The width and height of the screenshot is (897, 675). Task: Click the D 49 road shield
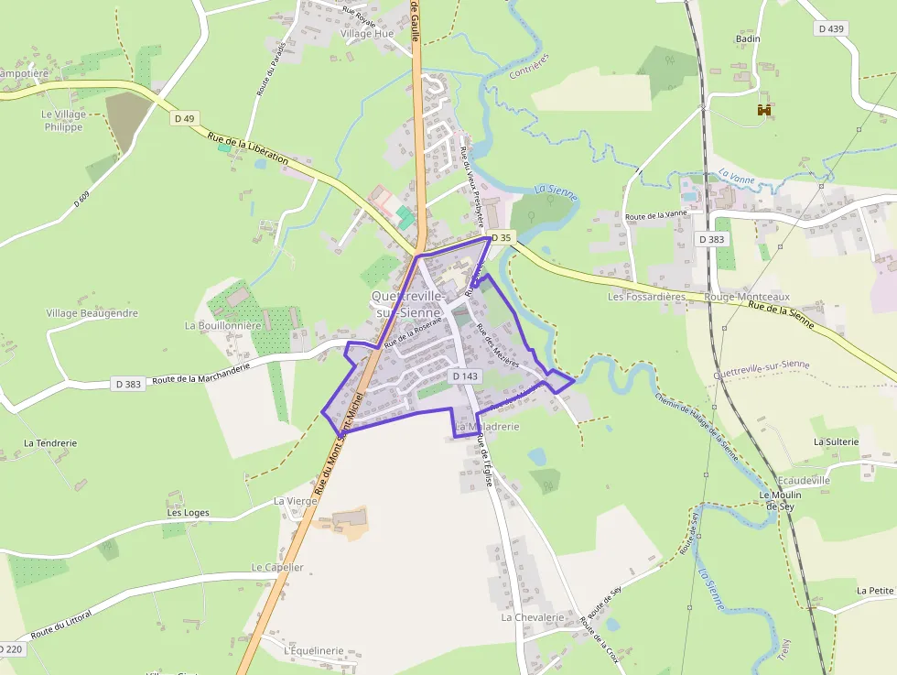(x=184, y=118)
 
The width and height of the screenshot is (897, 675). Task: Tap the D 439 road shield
(x=831, y=28)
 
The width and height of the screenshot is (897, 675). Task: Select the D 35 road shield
(x=502, y=237)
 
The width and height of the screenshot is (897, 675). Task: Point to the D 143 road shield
(x=465, y=376)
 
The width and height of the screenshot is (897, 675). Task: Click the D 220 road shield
(x=11, y=649)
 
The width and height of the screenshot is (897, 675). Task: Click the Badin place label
(x=748, y=39)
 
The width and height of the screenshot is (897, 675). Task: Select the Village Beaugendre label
(x=92, y=313)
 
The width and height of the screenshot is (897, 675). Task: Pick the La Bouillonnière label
(x=223, y=325)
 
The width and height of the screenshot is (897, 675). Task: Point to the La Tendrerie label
(x=50, y=443)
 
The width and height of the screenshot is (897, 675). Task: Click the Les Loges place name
(x=188, y=513)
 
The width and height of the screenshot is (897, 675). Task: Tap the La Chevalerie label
(x=533, y=617)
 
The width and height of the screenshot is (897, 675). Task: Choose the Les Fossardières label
(x=646, y=297)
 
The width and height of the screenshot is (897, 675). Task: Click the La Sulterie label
(x=836, y=441)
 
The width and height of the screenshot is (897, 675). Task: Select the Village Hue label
(x=367, y=34)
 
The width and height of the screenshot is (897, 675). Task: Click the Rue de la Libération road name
(x=248, y=148)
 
